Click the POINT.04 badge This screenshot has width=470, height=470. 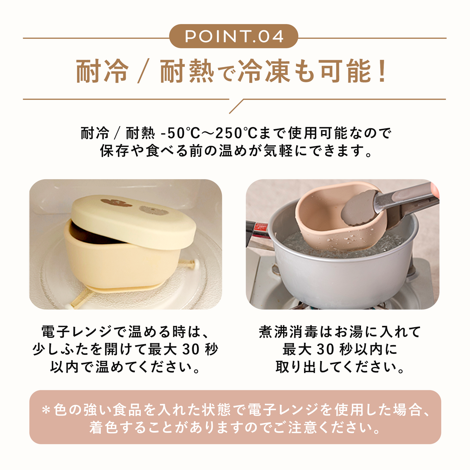click(234, 36)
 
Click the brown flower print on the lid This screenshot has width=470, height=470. click(116, 203)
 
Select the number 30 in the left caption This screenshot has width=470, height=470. click(192, 350)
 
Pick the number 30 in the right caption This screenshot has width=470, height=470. click(326, 350)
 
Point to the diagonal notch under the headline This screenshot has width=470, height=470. click(236, 106)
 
